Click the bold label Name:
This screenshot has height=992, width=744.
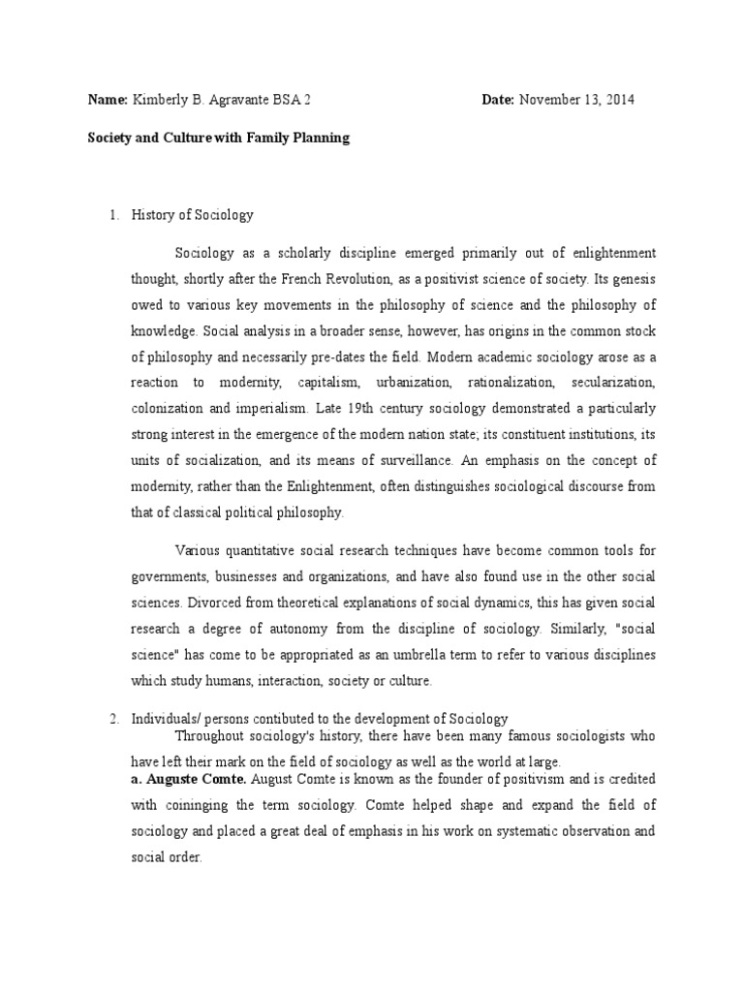(x=108, y=101)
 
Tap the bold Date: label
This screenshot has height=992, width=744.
(x=498, y=101)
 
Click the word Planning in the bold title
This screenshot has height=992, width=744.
(x=322, y=138)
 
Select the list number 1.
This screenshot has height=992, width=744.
(x=112, y=215)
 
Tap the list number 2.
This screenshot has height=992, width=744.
(x=112, y=719)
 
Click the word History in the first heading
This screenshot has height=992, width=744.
(x=153, y=215)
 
